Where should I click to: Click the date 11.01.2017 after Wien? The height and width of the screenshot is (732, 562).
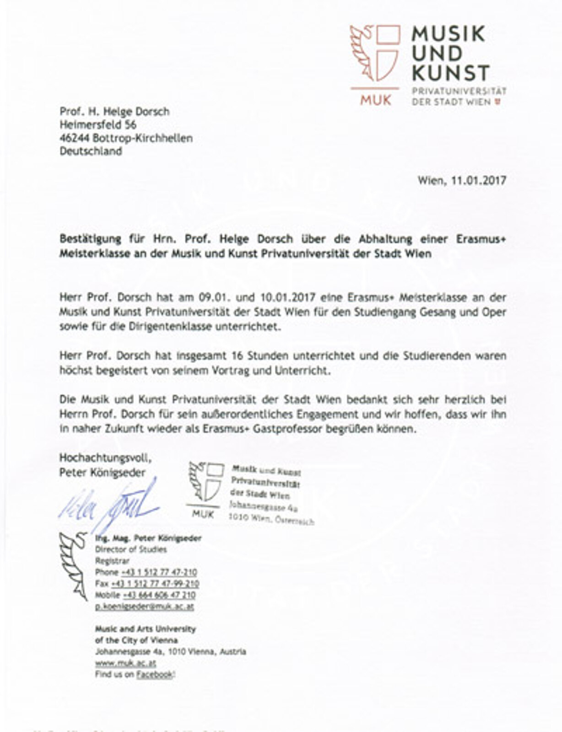tap(479, 180)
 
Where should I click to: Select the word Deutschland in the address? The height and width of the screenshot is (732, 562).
tap(91, 151)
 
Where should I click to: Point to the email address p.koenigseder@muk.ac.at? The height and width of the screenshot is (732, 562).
tap(144, 607)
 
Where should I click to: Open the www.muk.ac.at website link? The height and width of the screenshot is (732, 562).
tap(125, 663)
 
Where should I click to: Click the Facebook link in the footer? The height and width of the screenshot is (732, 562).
tap(155, 674)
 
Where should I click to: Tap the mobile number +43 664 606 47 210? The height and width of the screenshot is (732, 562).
tap(159, 595)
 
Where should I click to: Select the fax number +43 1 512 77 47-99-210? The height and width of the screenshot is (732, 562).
tap(155, 584)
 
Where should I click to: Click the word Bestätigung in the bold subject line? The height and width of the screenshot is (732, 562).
tap(90, 239)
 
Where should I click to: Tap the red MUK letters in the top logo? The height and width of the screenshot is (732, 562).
tap(375, 100)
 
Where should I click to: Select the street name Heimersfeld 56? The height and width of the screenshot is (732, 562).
tap(98, 125)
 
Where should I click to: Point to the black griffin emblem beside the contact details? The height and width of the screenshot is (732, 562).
tap(74, 565)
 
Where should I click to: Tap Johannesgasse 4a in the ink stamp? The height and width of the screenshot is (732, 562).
tap(263, 507)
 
